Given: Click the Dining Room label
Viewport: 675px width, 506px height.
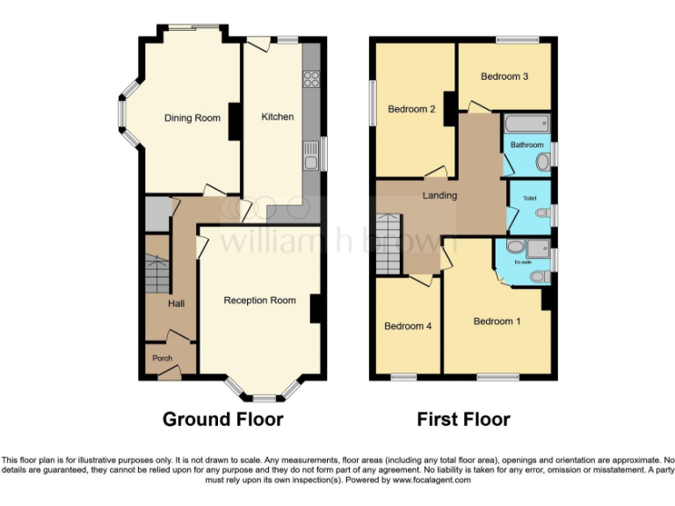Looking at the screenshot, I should click(192, 118).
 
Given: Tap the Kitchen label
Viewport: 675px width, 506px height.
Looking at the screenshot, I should click(278, 117).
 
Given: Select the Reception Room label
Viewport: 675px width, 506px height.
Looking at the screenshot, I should click(259, 300).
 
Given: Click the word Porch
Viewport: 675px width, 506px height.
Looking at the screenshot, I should click(163, 358).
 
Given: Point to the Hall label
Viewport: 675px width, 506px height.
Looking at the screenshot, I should click(176, 303).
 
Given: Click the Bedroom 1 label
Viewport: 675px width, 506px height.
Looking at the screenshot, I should click(497, 322).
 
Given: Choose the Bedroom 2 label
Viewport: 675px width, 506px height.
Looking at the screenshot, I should click(412, 110).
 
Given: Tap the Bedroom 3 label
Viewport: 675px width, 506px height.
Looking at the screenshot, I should click(504, 76).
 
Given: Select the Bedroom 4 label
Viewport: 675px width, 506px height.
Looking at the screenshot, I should click(408, 326).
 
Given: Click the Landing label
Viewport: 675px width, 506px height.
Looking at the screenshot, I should click(439, 195).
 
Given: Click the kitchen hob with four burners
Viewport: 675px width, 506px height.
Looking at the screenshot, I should click(311, 79).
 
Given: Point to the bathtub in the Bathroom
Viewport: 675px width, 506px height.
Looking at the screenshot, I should click(526, 123).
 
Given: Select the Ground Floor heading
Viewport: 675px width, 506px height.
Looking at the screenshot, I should click(222, 419).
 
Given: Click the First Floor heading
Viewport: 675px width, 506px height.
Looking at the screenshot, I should click(463, 419).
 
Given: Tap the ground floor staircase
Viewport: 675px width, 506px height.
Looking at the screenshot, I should click(156, 270).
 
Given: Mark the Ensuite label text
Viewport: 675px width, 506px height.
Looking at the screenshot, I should click(523, 262).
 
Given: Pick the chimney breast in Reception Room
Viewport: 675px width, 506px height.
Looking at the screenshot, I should click(315, 307).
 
